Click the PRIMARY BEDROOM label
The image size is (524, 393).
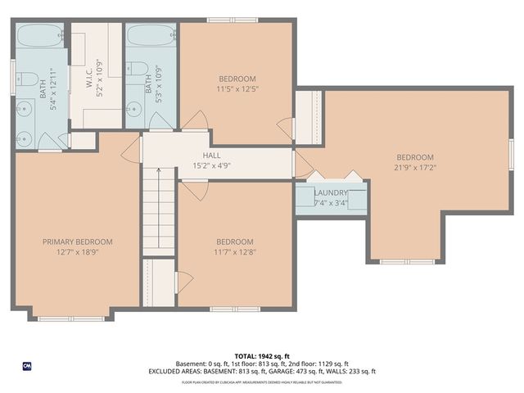pyautogui.click(x=78, y=242)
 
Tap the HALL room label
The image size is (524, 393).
pyautogui.click(x=212, y=154)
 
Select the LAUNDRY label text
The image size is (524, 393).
pyautogui.click(x=331, y=192)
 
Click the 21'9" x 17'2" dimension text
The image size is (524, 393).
pyautogui.click(x=415, y=169)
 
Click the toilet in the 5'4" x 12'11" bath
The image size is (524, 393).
pyautogui.click(x=26, y=80)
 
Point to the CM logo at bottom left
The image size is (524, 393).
pyautogui.click(x=27, y=365)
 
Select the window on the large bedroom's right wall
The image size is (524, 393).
pyautogui.click(x=511, y=153)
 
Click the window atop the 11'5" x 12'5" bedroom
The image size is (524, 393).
pyautogui.click(x=227, y=20)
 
